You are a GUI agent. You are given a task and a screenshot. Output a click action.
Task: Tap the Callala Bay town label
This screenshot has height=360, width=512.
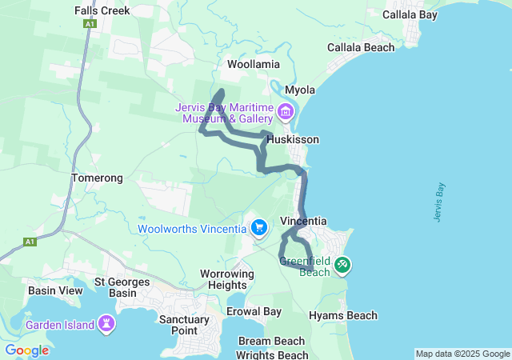(x=410, y=14)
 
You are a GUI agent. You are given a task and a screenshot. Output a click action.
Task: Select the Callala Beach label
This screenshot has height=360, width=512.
(x=361, y=47)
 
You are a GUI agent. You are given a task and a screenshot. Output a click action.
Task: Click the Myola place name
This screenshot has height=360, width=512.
(x=300, y=90)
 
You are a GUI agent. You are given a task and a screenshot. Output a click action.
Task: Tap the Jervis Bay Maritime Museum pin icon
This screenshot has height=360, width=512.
(x=286, y=110)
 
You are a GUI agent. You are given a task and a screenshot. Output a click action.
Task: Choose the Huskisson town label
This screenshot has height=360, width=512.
(x=293, y=139)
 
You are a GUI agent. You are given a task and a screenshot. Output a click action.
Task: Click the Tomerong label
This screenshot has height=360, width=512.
(x=97, y=178)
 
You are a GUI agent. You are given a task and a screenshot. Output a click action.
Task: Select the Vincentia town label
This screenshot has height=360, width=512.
(x=303, y=221)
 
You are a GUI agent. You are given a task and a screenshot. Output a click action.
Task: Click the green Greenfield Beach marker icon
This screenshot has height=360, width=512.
(x=342, y=264)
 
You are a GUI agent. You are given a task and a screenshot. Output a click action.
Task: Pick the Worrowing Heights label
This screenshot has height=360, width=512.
(x=226, y=279)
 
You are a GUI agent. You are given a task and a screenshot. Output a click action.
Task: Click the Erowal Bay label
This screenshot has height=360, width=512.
(x=254, y=311)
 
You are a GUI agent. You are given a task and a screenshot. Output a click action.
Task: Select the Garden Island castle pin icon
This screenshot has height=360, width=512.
(x=106, y=325)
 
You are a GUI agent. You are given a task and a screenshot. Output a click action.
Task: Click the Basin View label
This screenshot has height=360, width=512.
(x=55, y=290)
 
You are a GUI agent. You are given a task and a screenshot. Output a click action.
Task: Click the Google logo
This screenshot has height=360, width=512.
(x=26, y=350)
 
